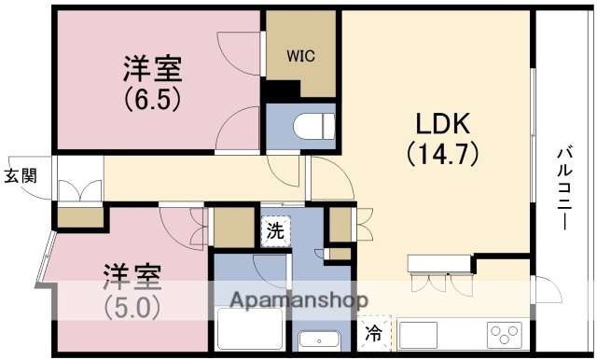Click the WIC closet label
point(300,55)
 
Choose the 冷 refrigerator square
point(372,332)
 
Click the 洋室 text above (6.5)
point(151,68)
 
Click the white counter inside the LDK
point(440,263)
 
